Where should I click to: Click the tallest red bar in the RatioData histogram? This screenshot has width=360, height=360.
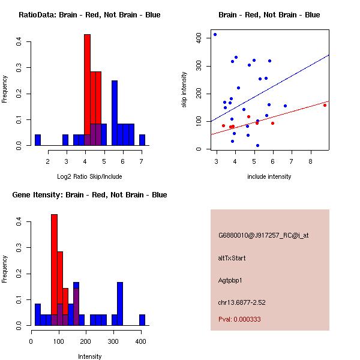click(87, 90)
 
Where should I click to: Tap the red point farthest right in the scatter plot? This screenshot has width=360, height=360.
click(325, 105)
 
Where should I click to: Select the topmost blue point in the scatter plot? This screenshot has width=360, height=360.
click(215, 35)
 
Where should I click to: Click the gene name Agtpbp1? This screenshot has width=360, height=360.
click(230, 280)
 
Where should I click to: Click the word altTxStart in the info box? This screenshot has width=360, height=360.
click(232, 258)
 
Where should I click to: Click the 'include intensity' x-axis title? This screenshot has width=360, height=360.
click(269, 176)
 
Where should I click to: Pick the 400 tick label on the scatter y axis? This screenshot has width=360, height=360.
click(199, 38)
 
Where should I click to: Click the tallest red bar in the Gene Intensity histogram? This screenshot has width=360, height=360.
click(54, 270)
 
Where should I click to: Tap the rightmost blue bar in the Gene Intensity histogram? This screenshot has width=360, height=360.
click(142, 320)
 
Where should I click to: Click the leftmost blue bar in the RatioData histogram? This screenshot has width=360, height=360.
click(38, 140)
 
